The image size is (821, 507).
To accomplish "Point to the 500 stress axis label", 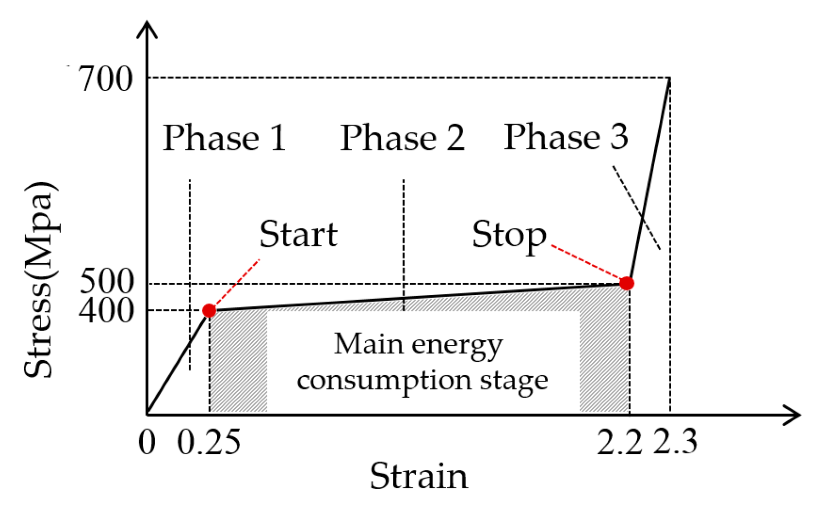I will click(x=106, y=281).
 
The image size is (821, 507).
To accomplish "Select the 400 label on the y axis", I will click(x=106, y=310).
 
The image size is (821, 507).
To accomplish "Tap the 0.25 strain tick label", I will click(x=208, y=442).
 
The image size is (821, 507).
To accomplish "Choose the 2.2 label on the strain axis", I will click(x=619, y=442).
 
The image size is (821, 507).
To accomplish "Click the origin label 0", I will click(x=147, y=442).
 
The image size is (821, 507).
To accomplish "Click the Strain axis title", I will click(x=418, y=476).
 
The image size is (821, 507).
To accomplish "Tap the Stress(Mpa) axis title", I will click(x=40, y=280).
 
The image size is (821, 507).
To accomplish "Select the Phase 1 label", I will click(x=224, y=138).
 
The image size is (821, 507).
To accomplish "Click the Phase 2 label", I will click(x=403, y=138).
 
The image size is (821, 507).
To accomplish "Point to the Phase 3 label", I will click(x=566, y=137).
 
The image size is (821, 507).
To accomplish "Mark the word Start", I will click(x=298, y=235).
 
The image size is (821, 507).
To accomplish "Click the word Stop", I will click(x=509, y=236).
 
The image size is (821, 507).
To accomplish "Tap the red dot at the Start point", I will click(x=209, y=310).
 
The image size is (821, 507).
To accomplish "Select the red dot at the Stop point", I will click(x=626, y=283).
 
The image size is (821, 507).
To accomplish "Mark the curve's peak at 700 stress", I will click(x=670, y=79).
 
